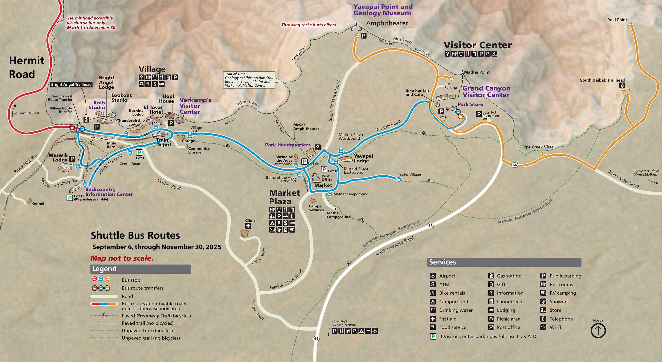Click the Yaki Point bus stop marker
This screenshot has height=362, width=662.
pos(630,24)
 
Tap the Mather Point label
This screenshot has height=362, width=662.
pos(476,72)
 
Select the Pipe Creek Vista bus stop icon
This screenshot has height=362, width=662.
pos(544,154)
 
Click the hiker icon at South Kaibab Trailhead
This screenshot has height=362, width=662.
pos(622,85)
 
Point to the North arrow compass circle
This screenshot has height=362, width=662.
pos(598,331)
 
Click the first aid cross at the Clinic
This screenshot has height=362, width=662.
pos(248,226)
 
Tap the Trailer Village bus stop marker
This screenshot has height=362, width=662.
pos(399,179)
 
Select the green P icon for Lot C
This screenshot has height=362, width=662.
pos(139,153)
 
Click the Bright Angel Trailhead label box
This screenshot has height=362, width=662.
pos(71,84)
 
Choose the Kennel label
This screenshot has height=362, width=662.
pos(38,203)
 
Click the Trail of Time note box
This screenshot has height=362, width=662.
pos(249,80)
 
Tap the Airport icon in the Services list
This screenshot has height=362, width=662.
pos(433,276)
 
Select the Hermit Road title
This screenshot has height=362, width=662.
pos(26,67)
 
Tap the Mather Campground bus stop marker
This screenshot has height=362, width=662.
pos(330,194)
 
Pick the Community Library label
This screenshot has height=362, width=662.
pos(199,150)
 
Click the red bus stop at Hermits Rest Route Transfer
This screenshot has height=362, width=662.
pos(72,127)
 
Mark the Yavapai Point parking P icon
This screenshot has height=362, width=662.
pos(363,36)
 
